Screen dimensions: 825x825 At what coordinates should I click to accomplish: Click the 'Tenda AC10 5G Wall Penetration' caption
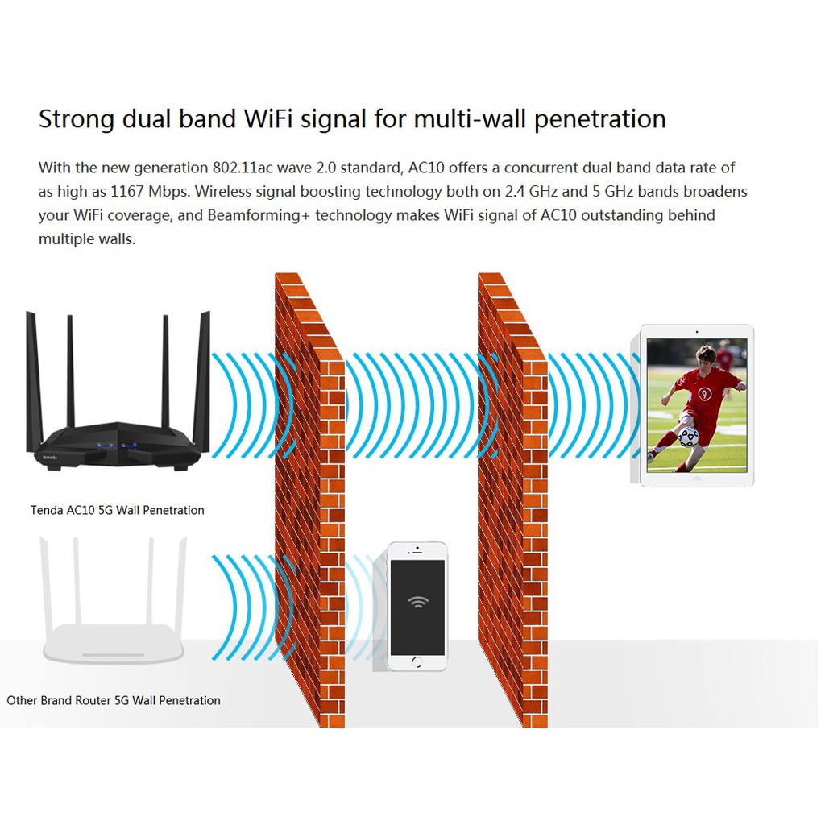pos(118,510)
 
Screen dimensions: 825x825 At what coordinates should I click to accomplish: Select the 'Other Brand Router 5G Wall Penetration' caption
pos(114,700)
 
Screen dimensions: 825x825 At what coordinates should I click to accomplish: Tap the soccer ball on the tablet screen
pos(688,437)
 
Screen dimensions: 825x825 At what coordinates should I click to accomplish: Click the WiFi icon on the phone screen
pos(417,601)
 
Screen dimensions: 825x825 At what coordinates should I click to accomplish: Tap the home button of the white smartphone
pos(417,661)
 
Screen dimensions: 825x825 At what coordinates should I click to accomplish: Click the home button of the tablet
pos(697,478)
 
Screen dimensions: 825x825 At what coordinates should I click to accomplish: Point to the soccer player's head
pos(706,355)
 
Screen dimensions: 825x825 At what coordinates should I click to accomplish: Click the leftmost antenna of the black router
pos(32,379)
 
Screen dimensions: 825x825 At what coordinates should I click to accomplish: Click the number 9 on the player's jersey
pos(705,394)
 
